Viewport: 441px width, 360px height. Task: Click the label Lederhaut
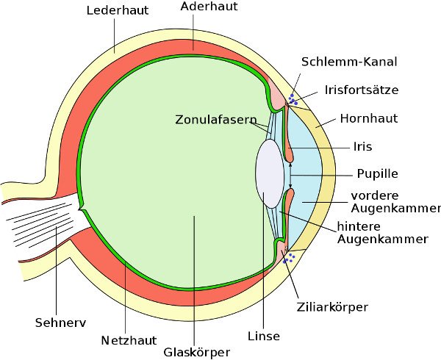pos(118,10)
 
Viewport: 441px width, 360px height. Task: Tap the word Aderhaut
pos(209,6)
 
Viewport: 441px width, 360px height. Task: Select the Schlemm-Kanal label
pos(349,62)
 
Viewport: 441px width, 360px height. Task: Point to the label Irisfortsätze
pos(362,90)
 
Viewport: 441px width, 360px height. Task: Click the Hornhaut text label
pos(369,118)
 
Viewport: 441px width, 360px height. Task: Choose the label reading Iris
pos(363,146)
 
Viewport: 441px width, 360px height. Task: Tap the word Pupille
pos(378,173)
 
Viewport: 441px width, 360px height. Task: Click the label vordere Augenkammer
pos(395,202)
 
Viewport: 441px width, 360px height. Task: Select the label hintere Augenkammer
pos(382,233)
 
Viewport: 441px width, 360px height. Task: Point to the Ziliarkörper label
pos(332,307)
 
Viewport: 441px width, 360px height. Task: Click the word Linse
pos(264,336)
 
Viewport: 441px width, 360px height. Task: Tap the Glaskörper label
pos(196,352)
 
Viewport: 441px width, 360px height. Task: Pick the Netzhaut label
pos(129,340)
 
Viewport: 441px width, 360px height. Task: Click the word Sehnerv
pos(60,323)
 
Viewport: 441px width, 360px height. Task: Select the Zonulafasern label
pos(216,120)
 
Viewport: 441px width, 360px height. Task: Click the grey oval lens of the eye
pos(270,173)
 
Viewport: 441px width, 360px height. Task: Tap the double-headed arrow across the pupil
pos(290,175)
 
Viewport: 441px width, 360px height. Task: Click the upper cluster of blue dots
pos(293,100)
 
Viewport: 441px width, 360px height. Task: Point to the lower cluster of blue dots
pos(289,258)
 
